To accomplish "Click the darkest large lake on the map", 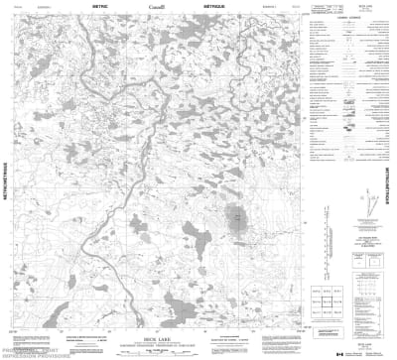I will pos(235,218).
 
